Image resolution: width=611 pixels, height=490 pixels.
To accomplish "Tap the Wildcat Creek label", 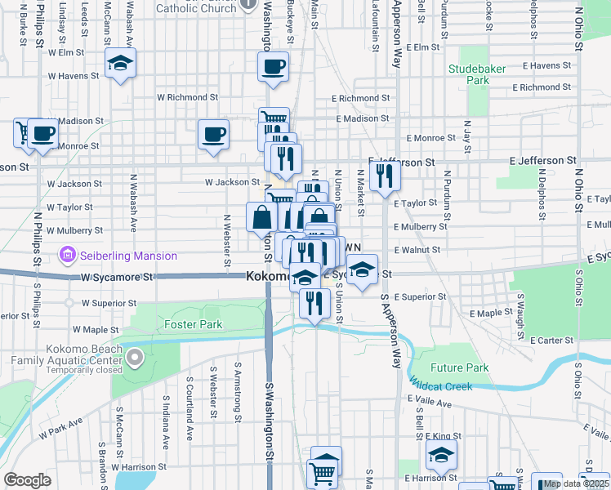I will click(440, 385).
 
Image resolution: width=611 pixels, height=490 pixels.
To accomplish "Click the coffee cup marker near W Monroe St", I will click(213, 135).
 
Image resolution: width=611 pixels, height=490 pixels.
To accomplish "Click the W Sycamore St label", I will click(117, 278).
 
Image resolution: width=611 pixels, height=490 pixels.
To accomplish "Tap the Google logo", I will click(27, 479).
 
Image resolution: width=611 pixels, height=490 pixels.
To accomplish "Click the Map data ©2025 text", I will click(576, 483).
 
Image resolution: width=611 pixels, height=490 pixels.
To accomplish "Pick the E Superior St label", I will click(420, 296).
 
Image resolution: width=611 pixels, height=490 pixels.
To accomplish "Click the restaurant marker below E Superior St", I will click(314, 303).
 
